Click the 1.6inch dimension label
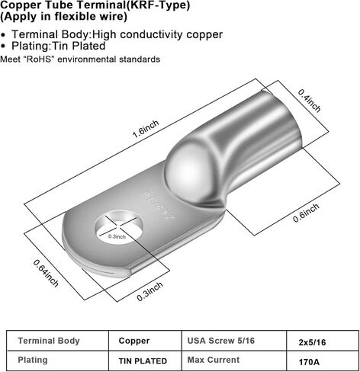[146, 129]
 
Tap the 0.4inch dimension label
[310, 101]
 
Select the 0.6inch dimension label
[306, 213]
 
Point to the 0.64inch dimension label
[46, 273]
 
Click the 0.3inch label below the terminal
[149, 291]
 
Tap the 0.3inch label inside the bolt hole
[117, 236]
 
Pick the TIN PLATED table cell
[143, 361]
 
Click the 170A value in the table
[309, 362]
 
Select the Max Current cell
[214, 360]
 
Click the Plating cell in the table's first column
[33, 360]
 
